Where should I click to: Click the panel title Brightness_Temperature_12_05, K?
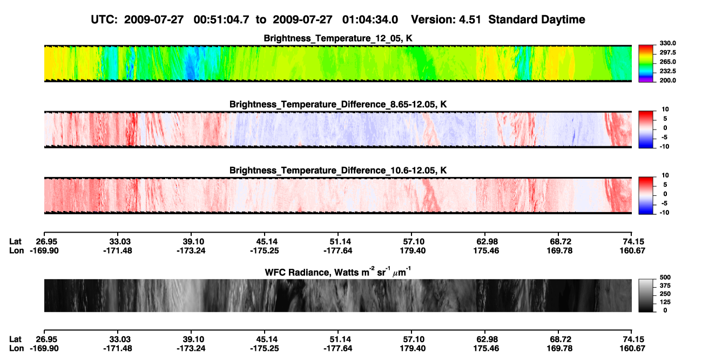click(x=338, y=38)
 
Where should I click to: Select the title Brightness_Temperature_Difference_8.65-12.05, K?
click(x=338, y=104)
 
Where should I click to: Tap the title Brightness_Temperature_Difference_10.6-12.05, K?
click(x=338, y=171)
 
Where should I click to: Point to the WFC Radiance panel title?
click(x=338, y=272)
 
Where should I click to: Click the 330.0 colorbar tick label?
click(x=667, y=43)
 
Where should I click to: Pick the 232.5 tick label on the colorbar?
click(x=667, y=71)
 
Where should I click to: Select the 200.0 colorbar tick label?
click(x=667, y=80)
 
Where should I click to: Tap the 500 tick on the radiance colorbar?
click(x=665, y=277)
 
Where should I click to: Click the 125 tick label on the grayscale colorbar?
click(x=665, y=302)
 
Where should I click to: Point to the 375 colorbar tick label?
click(x=665, y=286)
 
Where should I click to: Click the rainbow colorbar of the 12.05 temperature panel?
click(x=646, y=64)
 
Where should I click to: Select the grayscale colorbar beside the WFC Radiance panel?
click(x=646, y=295)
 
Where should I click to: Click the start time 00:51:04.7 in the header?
click(x=221, y=20)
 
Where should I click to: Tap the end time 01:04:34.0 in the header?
click(x=370, y=20)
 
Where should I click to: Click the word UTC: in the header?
click(x=104, y=20)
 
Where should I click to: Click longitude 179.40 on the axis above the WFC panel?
click(x=413, y=250)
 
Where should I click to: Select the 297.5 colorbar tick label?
click(x=667, y=53)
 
